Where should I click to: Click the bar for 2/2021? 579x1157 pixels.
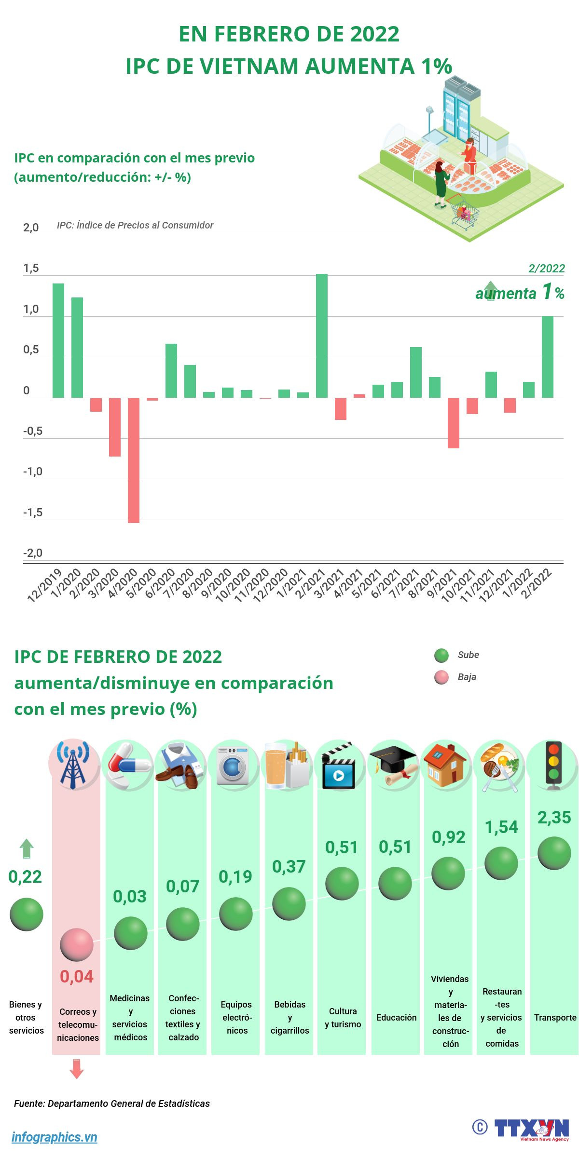tap(322, 336)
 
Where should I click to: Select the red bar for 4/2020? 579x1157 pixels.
tap(134, 460)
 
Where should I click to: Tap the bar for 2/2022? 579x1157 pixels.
tap(548, 357)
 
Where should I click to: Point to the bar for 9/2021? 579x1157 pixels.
tap(454, 423)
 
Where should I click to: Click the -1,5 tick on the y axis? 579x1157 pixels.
tap(33, 512)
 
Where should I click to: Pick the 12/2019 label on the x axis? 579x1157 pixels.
tap(45, 585)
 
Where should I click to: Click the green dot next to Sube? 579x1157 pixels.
tap(441, 656)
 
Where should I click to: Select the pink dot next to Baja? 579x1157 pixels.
tap(441, 677)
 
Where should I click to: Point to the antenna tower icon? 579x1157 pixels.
tap(73, 765)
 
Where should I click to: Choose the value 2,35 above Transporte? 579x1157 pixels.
tap(554, 818)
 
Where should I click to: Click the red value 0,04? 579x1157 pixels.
tap(77, 977)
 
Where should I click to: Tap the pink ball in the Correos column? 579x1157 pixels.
tap(77, 945)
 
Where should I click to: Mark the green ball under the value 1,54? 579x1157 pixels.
tap(501, 863)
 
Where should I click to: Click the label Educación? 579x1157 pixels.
tap(396, 1017)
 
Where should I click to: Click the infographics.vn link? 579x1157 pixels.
tap(55, 1137)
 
